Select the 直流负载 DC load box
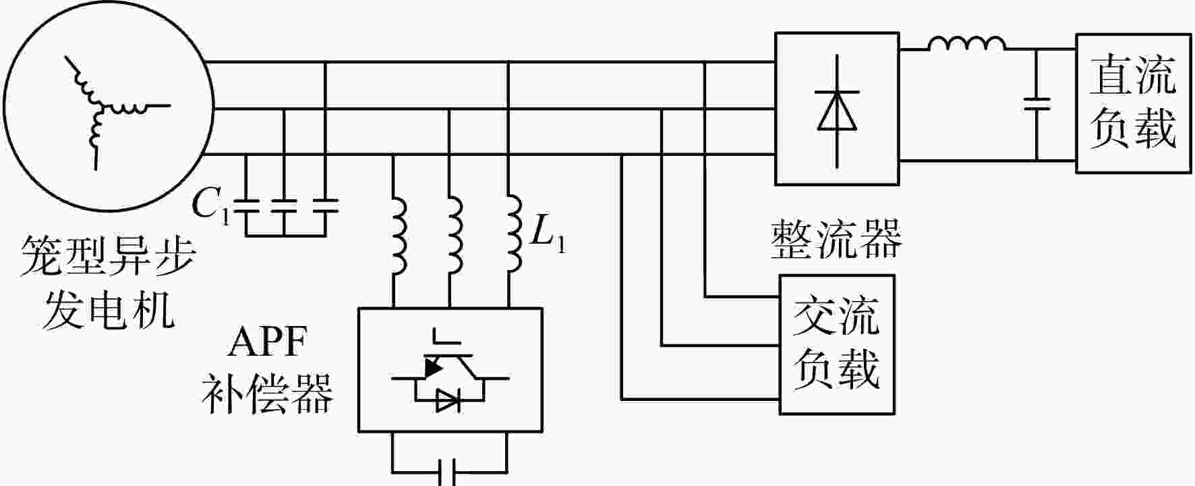coord(1132,103)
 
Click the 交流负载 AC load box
coord(837,344)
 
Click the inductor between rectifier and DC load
coord(966,43)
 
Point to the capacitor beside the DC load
coord(1037,104)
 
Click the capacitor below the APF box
coord(449,472)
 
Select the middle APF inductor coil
coord(455,236)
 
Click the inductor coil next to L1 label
coord(515,236)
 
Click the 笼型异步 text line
coord(108,257)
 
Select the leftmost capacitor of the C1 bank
coord(245,205)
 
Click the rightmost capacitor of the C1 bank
coord(325,205)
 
